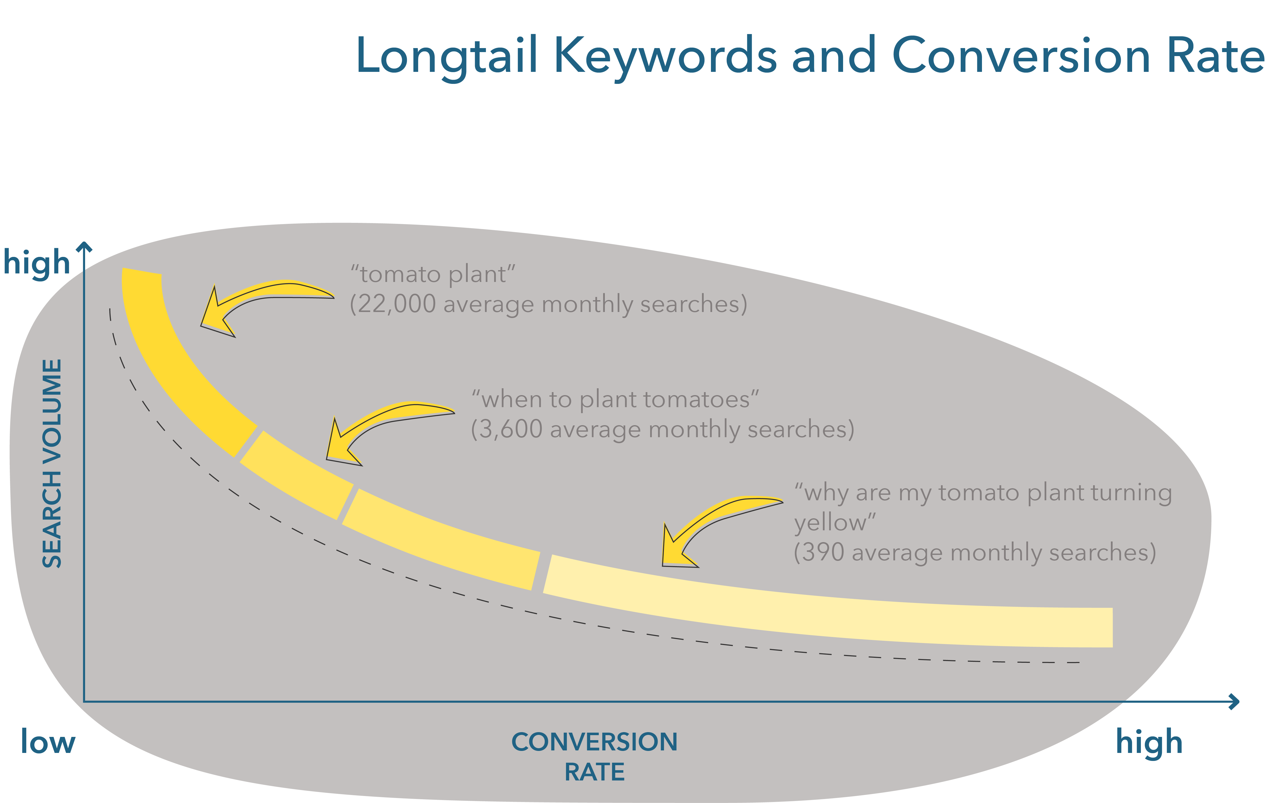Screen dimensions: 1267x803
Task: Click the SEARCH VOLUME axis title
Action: point(52,463)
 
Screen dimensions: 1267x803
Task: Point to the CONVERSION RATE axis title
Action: point(595,757)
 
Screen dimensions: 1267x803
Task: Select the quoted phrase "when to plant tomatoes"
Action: point(615,399)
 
